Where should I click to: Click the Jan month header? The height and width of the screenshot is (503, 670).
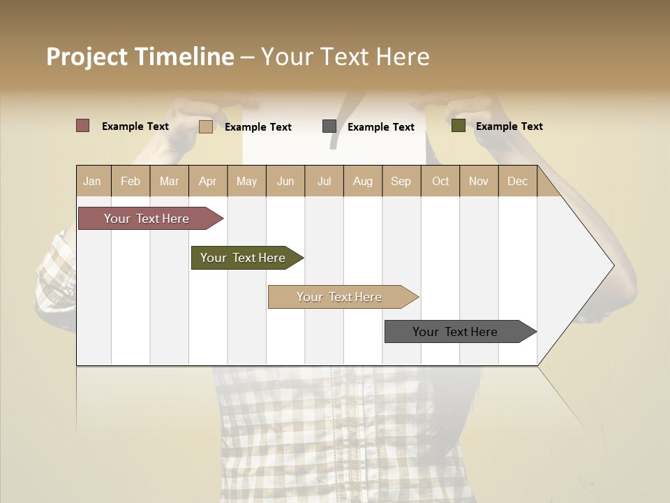click(93, 181)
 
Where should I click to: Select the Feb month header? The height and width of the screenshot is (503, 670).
click(131, 181)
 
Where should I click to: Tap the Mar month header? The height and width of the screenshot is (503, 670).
click(169, 181)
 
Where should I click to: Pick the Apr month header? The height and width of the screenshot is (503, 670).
click(208, 181)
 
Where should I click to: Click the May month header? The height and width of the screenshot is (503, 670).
click(246, 181)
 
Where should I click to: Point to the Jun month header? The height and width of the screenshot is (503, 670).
click(285, 181)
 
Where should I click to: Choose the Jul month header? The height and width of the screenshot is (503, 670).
click(324, 181)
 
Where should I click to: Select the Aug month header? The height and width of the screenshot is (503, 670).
click(363, 181)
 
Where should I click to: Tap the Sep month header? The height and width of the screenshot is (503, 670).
click(401, 181)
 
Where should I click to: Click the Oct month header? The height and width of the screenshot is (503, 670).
click(440, 181)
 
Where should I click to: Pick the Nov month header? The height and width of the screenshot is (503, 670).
click(479, 181)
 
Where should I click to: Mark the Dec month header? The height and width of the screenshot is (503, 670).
click(518, 181)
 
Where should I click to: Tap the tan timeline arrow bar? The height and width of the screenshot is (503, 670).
click(340, 297)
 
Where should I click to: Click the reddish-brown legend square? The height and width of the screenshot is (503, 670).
click(83, 126)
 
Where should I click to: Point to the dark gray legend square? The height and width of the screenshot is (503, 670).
click(329, 126)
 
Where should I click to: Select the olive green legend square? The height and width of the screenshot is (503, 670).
click(459, 126)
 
